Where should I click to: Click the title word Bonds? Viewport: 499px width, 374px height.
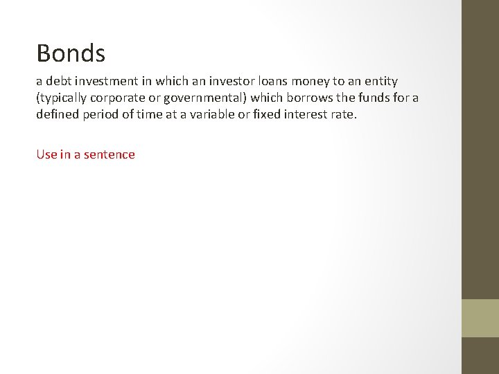71,53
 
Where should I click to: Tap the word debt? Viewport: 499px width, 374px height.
58,82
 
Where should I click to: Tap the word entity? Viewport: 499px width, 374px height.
380,82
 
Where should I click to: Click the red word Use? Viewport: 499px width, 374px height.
46,154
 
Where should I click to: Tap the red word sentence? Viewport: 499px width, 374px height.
110,154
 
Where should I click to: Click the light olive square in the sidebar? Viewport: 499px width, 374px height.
480,318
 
